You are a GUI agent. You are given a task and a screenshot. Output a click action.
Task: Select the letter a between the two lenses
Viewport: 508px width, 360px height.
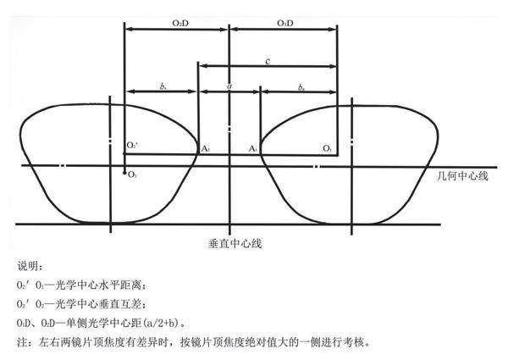point(229,86)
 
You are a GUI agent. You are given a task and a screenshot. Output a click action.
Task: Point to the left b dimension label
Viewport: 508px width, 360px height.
point(162,86)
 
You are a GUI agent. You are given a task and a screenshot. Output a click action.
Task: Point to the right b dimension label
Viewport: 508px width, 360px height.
point(301,86)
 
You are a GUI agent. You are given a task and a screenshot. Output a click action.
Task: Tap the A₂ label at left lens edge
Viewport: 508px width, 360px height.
point(205,149)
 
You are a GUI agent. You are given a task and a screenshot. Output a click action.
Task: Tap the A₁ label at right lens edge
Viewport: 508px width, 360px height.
point(253,149)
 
